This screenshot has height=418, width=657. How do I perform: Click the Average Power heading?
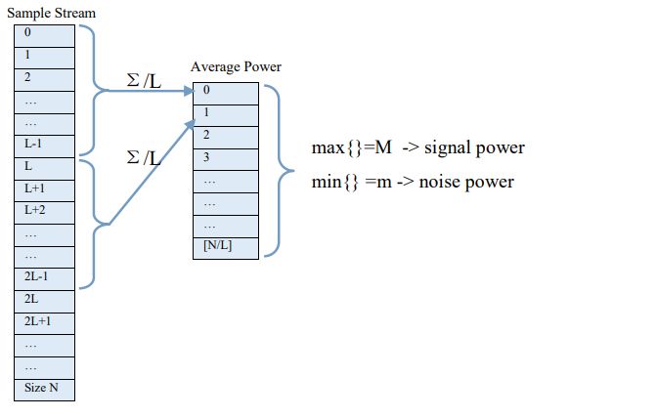coord(236,67)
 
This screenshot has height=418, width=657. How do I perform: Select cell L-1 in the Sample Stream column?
coord(43,144)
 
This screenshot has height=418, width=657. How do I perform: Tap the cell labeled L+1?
coord(43,188)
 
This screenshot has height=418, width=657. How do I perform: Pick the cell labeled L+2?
coord(43,210)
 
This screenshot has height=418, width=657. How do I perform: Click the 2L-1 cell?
coord(43,276)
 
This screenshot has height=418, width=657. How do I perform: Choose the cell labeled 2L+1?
coord(43,321)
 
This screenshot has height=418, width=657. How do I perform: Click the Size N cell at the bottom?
coord(43,388)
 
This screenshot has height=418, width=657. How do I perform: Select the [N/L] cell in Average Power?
coord(226,245)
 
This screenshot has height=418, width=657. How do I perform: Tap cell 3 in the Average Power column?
coord(226,157)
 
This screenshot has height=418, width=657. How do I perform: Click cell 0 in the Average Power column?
coord(226,91)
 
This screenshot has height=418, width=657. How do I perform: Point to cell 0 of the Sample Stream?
coord(43,33)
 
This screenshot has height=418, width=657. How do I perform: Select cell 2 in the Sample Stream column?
coord(43,77)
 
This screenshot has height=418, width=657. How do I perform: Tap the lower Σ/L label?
coord(145,156)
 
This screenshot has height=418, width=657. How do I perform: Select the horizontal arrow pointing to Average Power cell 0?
coord(147,93)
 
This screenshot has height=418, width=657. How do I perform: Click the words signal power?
coord(474,147)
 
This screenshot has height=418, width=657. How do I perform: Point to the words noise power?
coord(466,182)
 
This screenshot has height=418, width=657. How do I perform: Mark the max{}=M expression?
coord(351,147)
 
